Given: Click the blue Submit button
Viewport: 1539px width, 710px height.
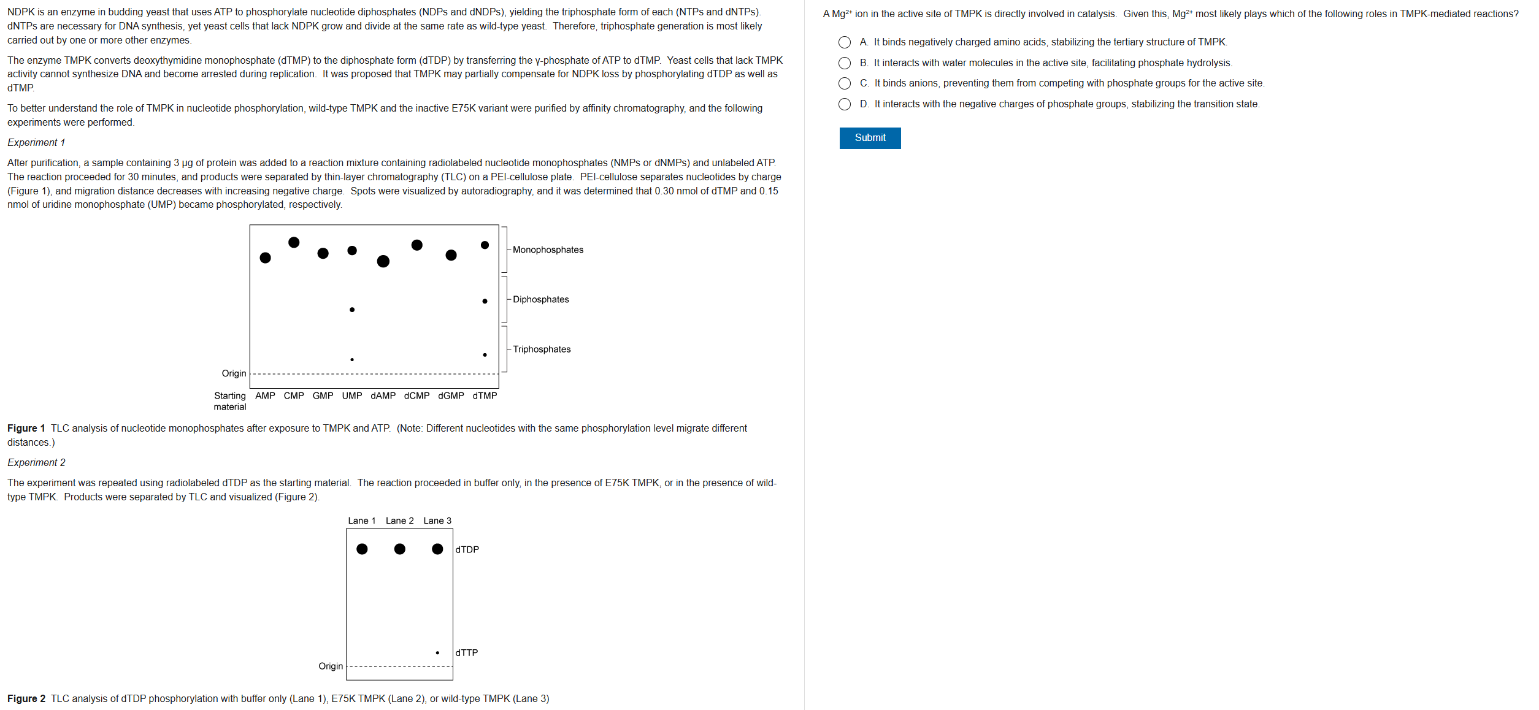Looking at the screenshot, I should (x=869, y=138).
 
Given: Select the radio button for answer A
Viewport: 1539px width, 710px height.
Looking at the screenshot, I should (x=845, y=42).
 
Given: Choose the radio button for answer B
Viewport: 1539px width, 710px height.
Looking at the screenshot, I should (x=845, y=63).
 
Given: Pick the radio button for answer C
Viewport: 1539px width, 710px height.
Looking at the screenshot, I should (x=845, y=83).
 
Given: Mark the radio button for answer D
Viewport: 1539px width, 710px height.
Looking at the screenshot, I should (x=845, y=104).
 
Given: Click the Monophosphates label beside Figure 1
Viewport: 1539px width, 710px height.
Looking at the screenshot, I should (x=548, y=250).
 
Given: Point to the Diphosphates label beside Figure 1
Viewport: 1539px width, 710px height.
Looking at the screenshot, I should (x=540, y=300).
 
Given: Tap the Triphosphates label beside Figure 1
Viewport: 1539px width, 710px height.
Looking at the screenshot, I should (x=542, y=349).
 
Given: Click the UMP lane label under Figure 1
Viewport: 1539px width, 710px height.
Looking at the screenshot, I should (x=352, y=396).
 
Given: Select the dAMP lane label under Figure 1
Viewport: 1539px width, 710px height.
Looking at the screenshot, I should (x=383, y=396).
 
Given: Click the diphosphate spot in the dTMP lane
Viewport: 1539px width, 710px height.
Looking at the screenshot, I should (x=485, y=301).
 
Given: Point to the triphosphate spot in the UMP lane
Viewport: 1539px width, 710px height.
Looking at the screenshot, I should (x=352, y=359).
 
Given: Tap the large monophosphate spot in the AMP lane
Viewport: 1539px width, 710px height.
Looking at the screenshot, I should (x=266, y=258).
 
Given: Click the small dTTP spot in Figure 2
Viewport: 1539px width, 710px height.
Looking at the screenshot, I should (x=437, y=652).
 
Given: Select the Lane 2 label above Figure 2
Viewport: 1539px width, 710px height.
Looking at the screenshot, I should (x=400, y=521).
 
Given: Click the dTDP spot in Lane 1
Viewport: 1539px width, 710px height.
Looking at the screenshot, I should (x=362, y=549).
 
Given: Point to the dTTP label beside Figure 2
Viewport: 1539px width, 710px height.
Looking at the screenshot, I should (x=467, y=653).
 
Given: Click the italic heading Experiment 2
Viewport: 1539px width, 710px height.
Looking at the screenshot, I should (x=36, y=463).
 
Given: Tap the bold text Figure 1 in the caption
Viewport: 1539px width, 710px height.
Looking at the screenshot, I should (x=26, y=429).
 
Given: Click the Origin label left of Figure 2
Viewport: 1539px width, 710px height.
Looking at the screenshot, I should (x=331, y=666).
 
